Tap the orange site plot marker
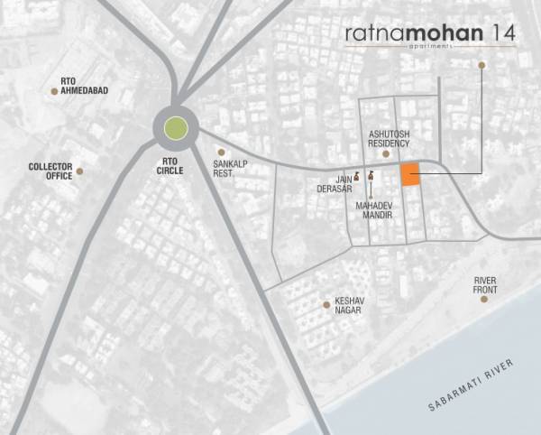410,175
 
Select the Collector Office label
50,171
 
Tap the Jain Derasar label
329,185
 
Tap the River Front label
485,284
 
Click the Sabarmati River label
473,385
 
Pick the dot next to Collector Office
79,171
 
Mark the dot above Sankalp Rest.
220,153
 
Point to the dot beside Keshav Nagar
326,305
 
